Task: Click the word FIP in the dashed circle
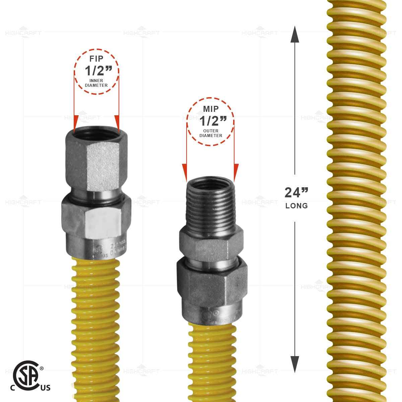[96, 59]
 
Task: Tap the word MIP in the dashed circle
[210, 109]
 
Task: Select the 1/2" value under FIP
[96, 71]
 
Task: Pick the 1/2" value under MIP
[211, 121]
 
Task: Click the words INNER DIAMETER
[96, 83]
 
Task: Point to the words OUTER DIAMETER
[211, 133]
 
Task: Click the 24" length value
[296, 193]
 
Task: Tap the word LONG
[296, 206]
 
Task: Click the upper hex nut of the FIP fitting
[96, 161]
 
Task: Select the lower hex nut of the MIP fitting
[210, 285]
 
